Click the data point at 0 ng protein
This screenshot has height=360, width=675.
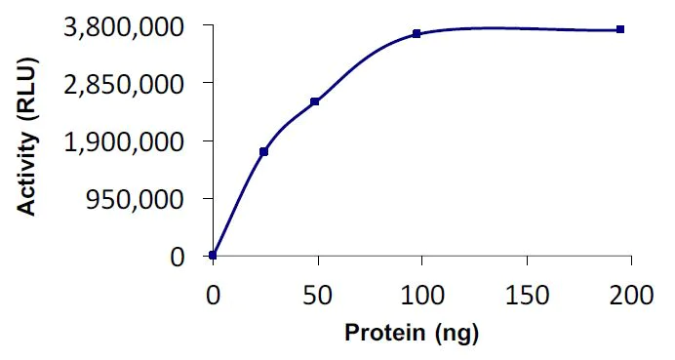coord(214,256)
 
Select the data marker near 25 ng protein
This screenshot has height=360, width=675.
coord(264,151)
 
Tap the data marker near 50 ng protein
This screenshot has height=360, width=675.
coord(315,101)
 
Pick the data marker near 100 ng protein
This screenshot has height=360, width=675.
coord(417,33)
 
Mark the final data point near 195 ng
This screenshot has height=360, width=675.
coord(620,29)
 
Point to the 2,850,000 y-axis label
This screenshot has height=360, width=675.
coord(123,84)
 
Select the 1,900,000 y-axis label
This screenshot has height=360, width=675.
coord(123,141)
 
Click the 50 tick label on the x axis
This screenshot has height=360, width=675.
coord(318,294)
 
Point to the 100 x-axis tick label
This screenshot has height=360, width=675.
coord(422,294)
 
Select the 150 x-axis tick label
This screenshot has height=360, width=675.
coord(527,294)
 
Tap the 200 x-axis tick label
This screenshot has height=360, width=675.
coord(631,294)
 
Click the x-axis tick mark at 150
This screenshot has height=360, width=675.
coord(527,260)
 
